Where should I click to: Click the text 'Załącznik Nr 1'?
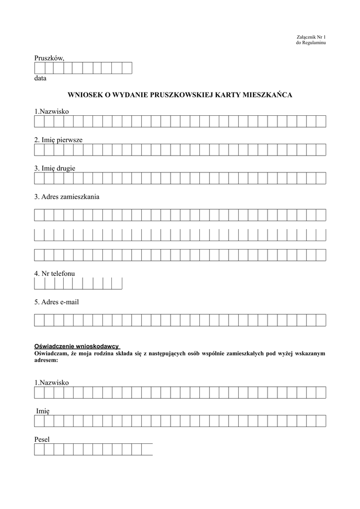(311, 37)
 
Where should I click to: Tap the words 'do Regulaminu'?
(311, 43)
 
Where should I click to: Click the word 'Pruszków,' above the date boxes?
(49, 58)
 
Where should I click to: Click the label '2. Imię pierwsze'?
(58, 140)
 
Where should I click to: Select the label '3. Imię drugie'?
(55, 168)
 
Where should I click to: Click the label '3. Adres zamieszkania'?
(67, 197)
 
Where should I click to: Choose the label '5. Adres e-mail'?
(56, 302)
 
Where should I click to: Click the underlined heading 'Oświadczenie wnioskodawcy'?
(77, 345)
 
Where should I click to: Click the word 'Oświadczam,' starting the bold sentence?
(51, 353)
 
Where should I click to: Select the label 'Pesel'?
(42, 439)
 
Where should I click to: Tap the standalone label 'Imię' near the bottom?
(43, 411)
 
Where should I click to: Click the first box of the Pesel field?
(39, 450)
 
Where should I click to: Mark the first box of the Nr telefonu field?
(39, 283)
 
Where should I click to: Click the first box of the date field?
(39, 68)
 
